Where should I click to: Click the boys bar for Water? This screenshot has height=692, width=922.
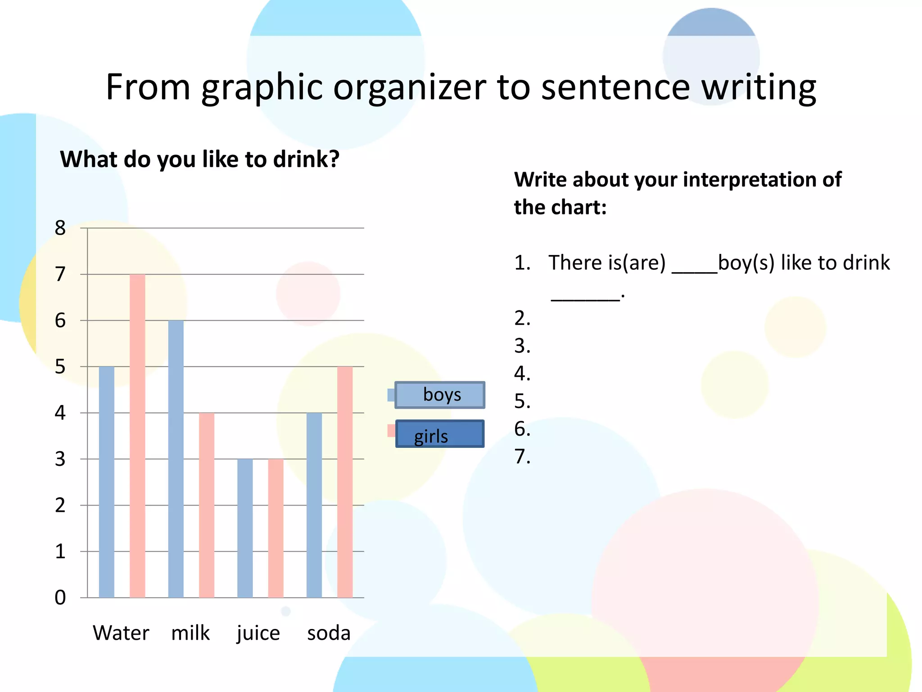(107, 482)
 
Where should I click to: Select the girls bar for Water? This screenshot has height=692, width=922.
(137, 436)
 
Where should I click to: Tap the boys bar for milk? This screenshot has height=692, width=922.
(176, 459)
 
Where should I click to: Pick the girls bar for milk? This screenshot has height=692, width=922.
(207, 505)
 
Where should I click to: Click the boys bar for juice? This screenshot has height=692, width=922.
(245, 528)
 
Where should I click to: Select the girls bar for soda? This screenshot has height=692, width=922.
(345, 482)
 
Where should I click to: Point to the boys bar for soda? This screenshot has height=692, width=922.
(314, 505)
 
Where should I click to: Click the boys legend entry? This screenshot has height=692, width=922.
(440, 395)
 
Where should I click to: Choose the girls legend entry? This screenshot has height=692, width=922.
(439, 434)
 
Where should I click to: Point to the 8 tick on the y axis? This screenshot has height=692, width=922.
(60, 228)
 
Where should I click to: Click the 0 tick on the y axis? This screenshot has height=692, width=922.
(60, 597)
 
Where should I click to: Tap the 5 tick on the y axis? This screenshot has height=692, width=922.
(60, 367)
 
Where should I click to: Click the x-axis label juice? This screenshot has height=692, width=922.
(258, 633)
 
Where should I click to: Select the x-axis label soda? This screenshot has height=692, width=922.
(329, 633)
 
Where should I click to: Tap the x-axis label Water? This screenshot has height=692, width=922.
(121, 633)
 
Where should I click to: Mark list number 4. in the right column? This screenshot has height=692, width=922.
(522, 373)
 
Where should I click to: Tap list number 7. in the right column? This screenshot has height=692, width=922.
(522, 456)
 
